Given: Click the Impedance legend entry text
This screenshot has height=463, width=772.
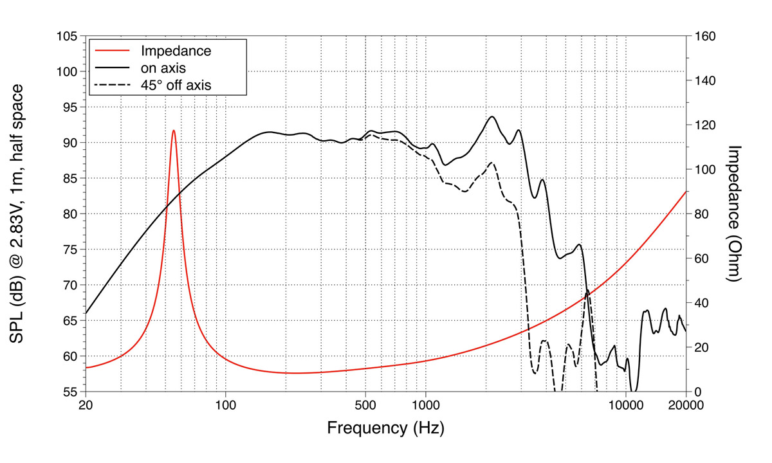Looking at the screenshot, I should pyautogui.click(x=176, y=50).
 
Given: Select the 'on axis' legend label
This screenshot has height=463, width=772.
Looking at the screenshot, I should pyautogui.click(x=163, y=67).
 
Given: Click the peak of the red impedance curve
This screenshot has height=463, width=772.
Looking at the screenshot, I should pyautogui.click(x=173, y=131).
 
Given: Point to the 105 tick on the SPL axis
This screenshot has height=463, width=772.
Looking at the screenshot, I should pyautogui.click(x=68, y=36).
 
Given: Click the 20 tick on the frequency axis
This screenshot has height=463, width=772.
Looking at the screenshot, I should pyautogui.click(x=86, y=405).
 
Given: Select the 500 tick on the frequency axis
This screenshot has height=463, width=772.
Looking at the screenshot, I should pyautogui.click(x=365, y=405).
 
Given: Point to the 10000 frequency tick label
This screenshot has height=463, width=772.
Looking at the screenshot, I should pyautogui.click(x=625, y=405).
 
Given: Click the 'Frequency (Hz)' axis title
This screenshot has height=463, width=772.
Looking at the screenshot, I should pyautogui.click(x=385, y=428).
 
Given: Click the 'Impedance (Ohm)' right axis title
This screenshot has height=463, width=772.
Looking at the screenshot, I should pyautogui.click(x=735, y=213).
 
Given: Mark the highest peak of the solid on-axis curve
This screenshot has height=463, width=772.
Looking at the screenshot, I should pyautogui.click(x=492, y=116).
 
